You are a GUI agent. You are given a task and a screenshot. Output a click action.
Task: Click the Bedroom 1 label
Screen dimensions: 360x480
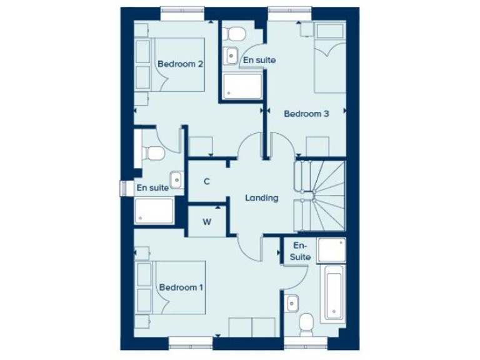(x=181, y=287)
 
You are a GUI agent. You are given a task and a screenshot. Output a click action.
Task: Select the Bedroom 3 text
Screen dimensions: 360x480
(x=306, y=114)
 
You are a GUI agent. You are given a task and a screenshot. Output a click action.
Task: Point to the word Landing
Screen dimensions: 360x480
(x=261, y=198)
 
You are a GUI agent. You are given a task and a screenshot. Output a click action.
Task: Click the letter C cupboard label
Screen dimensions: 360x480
(x=207, y=181)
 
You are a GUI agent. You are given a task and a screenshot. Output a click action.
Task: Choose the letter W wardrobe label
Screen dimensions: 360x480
(x=207, y=221)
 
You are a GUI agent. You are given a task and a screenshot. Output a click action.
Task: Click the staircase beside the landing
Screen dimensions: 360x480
(x=320, y=193)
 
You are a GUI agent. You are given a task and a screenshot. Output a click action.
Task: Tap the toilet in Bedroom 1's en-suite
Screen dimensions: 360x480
(x=306, y=323)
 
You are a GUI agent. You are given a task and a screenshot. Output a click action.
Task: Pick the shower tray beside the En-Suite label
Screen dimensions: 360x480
(x=331, y=250)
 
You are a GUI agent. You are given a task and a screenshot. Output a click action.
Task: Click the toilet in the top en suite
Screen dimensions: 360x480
(x=236, y=32)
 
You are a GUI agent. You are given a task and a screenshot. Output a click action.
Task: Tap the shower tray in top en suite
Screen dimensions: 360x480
(x=242, y=85)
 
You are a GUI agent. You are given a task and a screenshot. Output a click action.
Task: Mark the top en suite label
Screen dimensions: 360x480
(x=258, y=60)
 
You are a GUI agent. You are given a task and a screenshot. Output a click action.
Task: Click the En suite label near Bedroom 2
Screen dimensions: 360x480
(x=152, y=187)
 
